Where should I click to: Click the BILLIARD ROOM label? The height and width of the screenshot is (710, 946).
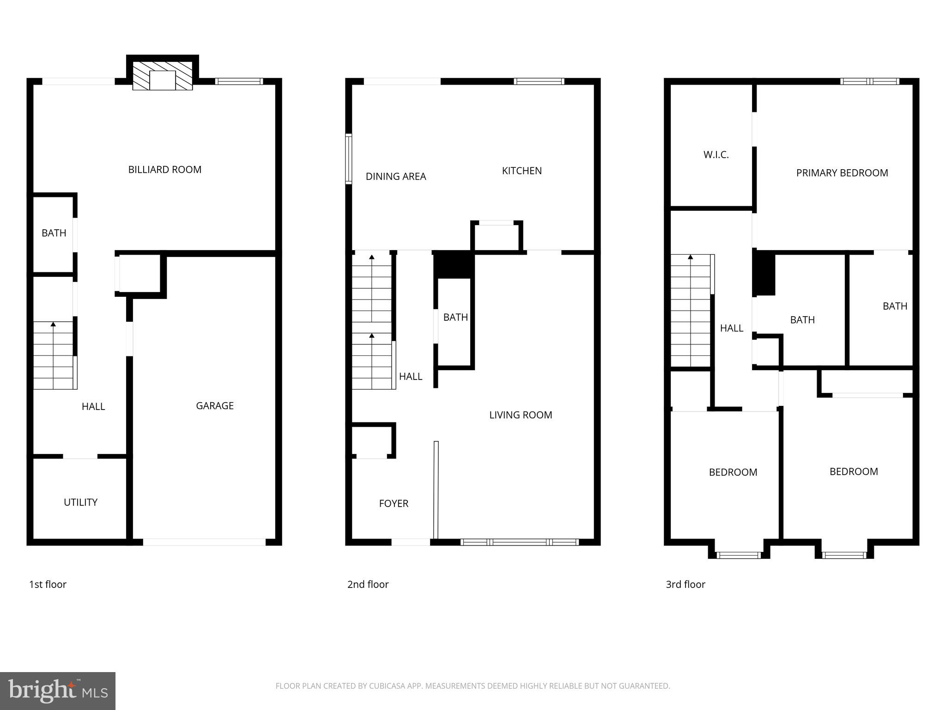(164, 170)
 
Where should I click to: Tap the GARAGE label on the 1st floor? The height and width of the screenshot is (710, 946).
(214, 406)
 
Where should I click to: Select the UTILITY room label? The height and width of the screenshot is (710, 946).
(80, 502)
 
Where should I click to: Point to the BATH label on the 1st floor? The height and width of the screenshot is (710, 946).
(54, 233)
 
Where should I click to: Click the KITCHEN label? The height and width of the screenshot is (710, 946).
(522, 171)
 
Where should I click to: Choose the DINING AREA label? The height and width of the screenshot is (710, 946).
(395, 177)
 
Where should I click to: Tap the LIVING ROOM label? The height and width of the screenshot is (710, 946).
(521, 415)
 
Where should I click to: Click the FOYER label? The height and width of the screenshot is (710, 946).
(394, 504)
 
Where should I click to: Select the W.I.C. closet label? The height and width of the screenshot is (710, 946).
(716, 155)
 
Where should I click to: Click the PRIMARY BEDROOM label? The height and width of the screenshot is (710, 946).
(842, 173)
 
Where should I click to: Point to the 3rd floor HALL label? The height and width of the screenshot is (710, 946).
(731, 328)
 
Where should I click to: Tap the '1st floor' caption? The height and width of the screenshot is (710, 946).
(48, 584)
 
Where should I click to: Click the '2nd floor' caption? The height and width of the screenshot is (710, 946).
(368, 584)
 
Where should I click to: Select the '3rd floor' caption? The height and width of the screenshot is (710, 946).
(685, 584)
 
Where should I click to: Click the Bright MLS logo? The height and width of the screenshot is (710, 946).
(57, 691)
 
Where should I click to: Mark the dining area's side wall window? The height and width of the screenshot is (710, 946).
(349, 159)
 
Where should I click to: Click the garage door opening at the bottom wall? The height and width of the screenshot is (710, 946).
(204, 542)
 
